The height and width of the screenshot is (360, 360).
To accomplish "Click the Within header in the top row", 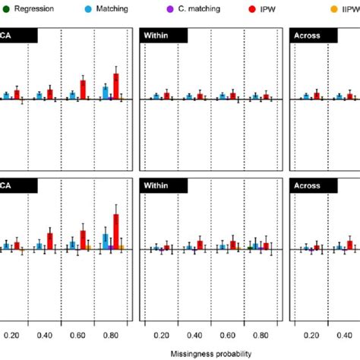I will coord(157,36).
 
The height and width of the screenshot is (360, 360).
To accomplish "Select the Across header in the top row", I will coord(310,36).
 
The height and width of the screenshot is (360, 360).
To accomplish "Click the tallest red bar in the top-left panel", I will coord(116,87).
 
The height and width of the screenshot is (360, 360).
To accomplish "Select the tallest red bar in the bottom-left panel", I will coord(116,232).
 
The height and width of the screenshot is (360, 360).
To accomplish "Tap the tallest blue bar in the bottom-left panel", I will coord(105,242).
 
